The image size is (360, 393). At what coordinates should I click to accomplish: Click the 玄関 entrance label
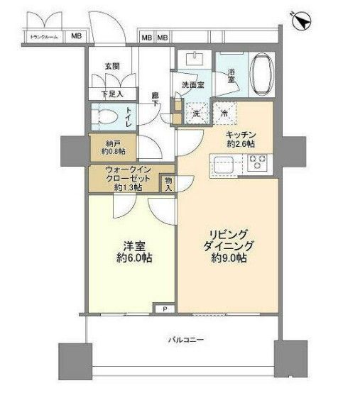112,66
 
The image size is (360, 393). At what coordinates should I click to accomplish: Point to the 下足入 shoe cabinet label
111,93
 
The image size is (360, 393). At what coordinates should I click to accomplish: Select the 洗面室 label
192,85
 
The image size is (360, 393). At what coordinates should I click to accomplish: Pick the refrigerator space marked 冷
224,111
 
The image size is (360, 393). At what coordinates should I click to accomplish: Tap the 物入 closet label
168,184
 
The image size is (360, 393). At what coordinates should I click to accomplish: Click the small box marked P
165,309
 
